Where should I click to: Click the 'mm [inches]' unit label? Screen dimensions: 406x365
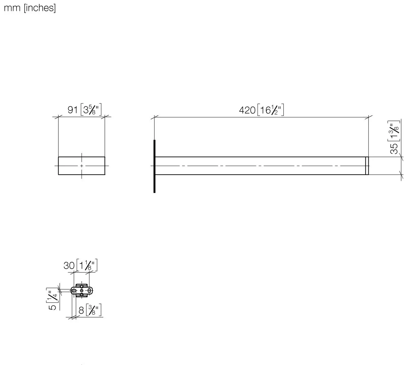point(30,8)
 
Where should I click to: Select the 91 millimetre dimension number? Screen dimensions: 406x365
point(72,110)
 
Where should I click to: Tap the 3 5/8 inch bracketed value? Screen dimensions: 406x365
point(91,109)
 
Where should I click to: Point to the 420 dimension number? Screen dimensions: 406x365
point(247,111)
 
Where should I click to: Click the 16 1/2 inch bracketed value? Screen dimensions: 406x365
point(271,110)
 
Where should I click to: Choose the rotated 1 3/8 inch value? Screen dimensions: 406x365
point(394,131)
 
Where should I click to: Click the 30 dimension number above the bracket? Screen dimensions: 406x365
point(69,266)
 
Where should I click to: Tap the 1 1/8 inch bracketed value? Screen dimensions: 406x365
point(87,265)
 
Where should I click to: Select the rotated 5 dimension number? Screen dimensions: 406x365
point(52,307)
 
